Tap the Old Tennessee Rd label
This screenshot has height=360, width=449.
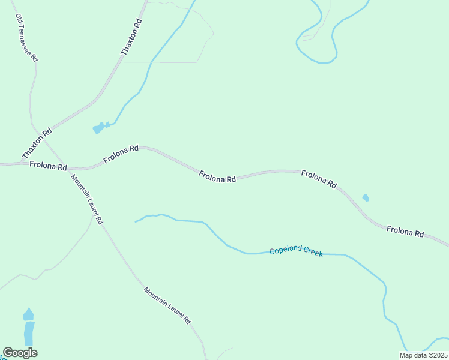click(x=26, y=38)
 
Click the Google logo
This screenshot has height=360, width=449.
click(x=20, y=353)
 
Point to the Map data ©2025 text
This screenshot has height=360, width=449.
click(x=423, y=355)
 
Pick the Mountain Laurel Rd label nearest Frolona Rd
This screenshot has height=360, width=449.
click(x=87, y=199)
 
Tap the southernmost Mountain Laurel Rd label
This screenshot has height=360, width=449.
click(x=167, y=305)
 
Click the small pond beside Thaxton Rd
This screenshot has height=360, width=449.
click(x=99, y=128)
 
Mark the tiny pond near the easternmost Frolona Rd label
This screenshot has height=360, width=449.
click(x=366, y=197)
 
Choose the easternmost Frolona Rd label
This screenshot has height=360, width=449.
click(x=405, y=231)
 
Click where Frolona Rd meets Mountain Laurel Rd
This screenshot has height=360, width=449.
click(x=63, y=167)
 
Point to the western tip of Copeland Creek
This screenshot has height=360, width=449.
click(x=136, y=221)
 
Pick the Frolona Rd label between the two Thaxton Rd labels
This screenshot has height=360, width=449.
click(x=121, y=154)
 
